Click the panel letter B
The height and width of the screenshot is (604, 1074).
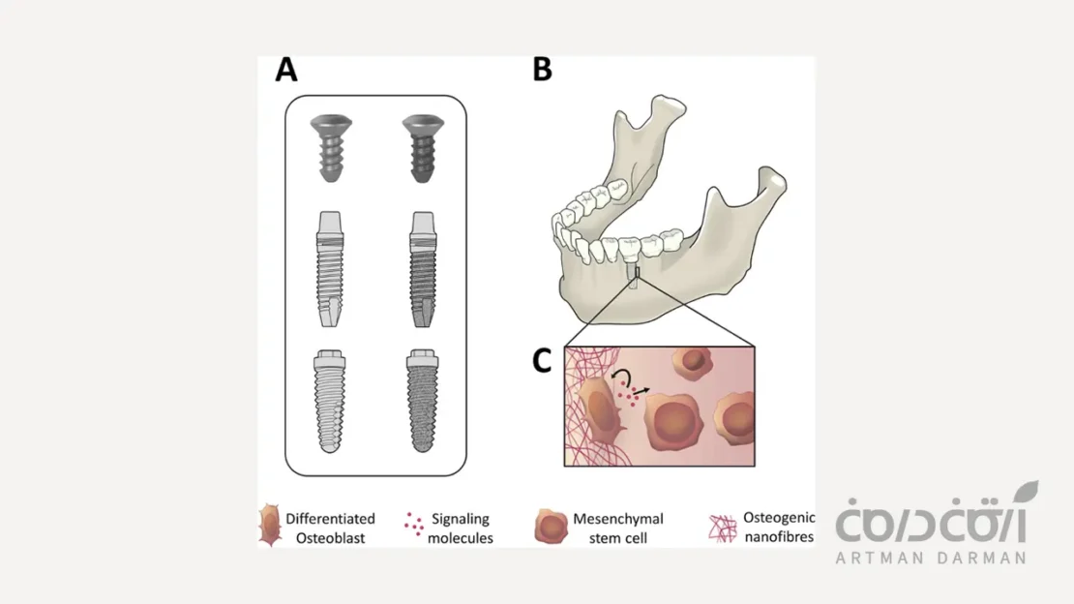[x=542, y=71]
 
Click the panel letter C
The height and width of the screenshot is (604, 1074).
[x=542, y=361]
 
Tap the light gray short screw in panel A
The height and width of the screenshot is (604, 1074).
[x=331, y=149]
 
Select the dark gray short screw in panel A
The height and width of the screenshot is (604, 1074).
[x=423, y=149]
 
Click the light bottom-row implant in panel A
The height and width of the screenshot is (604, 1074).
[x=331, y=400]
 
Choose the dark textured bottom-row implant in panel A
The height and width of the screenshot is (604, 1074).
[x=423, y=400]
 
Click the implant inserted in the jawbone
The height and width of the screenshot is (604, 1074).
[x=632, y=276]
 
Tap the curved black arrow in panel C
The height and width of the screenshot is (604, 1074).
[x=627, y=377]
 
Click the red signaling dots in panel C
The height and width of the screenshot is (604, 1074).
[x=636, y=393]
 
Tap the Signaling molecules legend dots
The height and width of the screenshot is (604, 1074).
[x=412, y=524]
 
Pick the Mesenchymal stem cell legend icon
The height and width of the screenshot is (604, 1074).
[x=551, y=526]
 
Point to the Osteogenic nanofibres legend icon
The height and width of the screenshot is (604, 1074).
[x=720, y=525]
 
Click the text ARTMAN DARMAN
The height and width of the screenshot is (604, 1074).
[x=930, y=558]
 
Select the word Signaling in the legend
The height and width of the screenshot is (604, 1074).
[x=460, y=520]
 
